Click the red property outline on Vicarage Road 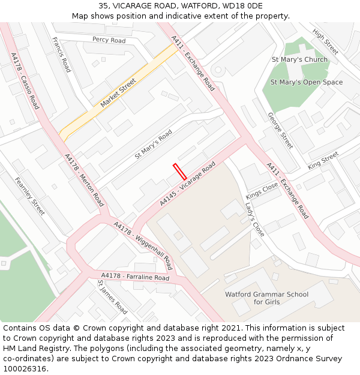point(179,172)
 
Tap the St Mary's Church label point(299,59)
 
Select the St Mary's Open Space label point(307,82)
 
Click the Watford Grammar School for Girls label point(266,298)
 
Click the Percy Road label point(109,40)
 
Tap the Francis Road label point(61,55)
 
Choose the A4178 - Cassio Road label point(25,81)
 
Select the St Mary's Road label point(153,144)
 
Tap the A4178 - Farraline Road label point(135,277)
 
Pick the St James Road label point(112,297)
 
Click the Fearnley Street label point(30,196)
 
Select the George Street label point(280,131)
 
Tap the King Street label point(323,161)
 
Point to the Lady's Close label point(254,220)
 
